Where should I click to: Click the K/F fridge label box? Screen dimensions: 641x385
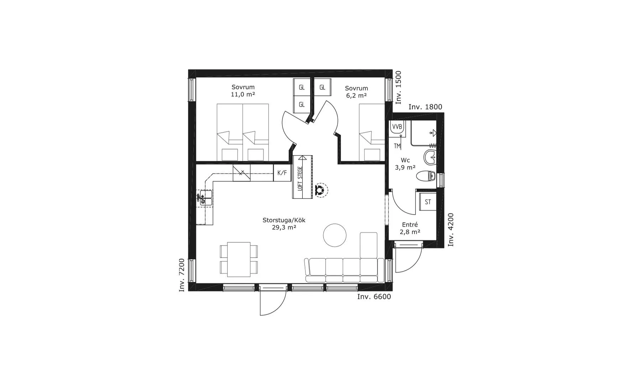[282, 173]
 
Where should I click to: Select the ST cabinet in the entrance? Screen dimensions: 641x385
[428, 202]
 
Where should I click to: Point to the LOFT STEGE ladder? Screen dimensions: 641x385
[302, 177]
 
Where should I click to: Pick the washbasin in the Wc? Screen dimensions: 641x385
[431, 157]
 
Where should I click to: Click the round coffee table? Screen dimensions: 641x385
[335, 235]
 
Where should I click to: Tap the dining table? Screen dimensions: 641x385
[239, 259]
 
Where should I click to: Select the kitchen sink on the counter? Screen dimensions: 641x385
[205, 198]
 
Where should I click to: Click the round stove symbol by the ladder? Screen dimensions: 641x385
[319, 190]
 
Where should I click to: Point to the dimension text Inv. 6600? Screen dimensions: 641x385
[374, 297]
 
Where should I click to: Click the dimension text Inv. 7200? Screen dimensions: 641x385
[182, 275]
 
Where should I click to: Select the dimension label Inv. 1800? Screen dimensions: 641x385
[425, 107]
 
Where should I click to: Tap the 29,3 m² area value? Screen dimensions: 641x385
[284, 227]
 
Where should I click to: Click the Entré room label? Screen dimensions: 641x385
[410, 225]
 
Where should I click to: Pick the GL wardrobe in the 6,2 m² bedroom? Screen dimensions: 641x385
[322, 87]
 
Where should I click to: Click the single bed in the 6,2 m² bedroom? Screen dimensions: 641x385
[372, 133]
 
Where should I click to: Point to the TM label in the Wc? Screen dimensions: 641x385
[397, 146]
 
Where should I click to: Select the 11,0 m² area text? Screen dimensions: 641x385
[243, 94]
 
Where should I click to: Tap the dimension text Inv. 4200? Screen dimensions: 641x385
[451, 230]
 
